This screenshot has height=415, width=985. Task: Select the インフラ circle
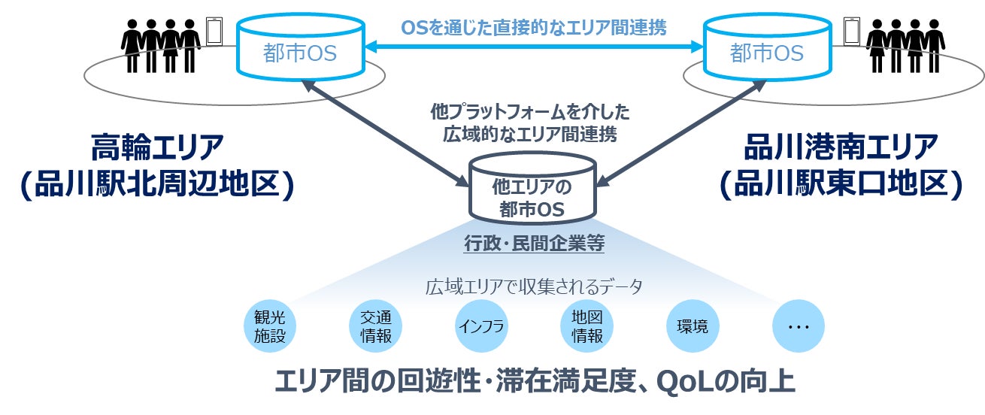click(x=482, y=327)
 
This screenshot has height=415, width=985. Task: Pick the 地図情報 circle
click(x=587, y=327)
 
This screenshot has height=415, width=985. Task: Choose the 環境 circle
click(x=693, y=327)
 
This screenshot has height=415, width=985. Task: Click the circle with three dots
click(x=798, y=327)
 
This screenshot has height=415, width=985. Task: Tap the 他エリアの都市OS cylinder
click(x=532, y=191)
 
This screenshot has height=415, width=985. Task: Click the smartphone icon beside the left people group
click(x=215, y=30)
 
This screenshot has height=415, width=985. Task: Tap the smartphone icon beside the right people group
click(x=851, y=30)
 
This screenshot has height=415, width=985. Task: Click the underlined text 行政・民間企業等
click(x=532, y=244)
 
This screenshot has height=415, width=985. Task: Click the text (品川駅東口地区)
click(x=841, y=185)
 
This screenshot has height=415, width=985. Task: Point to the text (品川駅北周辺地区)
click(x=157, y=185)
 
